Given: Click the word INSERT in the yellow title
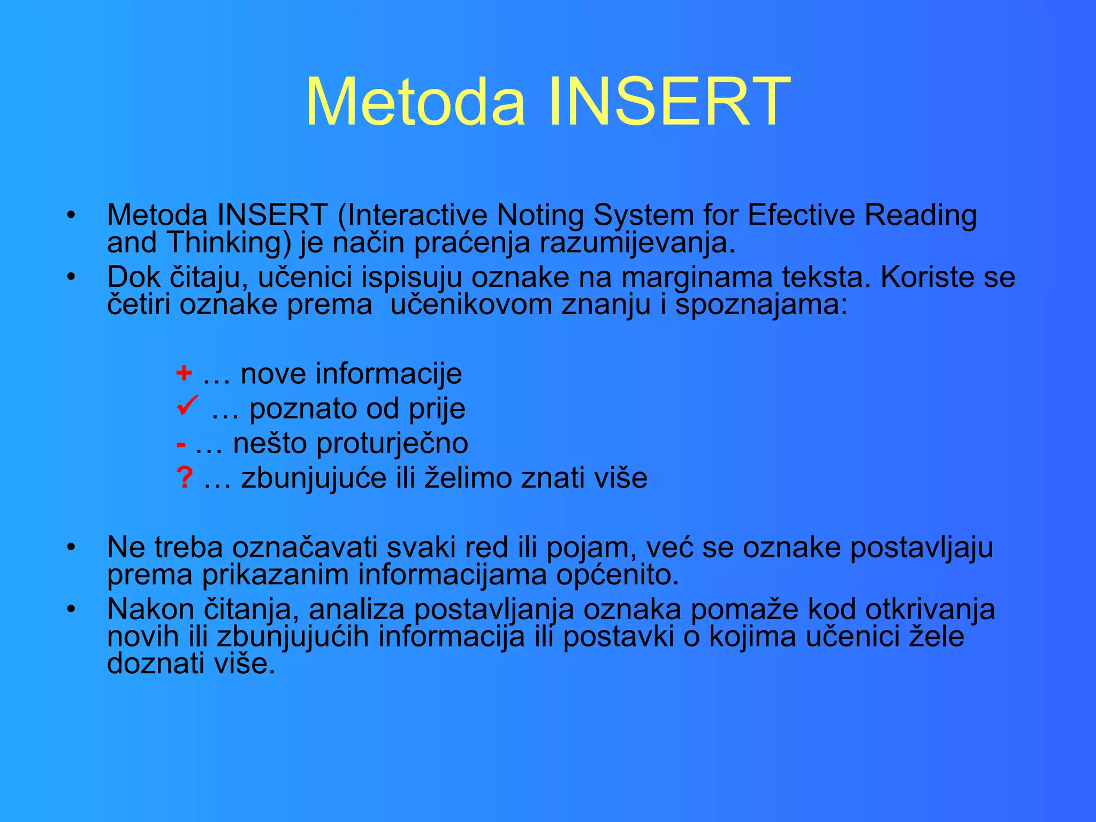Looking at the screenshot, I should point(669,102).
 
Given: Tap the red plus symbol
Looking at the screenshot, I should point(184,373).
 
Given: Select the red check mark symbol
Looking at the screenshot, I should point(187,406).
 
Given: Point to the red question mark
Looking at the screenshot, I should point(185,477).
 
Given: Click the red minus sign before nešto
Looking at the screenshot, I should point(181,444).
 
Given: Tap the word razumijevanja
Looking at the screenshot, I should point(637,242).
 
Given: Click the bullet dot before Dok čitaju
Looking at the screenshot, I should point(71,277).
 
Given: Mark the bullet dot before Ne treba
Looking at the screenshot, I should point(71,547).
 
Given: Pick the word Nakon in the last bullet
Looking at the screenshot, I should point(150,610).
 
